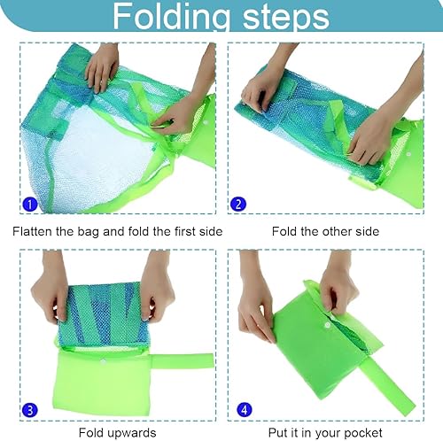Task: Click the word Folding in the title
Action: pos(171,17)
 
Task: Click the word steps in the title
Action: pos(285,16)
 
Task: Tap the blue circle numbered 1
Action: pos(30,204)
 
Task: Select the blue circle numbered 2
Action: pos(238,204)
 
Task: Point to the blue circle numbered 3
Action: pos(30,410)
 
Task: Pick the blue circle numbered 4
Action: pos(245,410)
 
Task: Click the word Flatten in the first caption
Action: pos(32,231)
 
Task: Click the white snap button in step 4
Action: pos(328,325)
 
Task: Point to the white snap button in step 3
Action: pos(104,360)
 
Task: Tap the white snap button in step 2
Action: pos(408,154)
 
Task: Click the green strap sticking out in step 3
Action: pos(183,361)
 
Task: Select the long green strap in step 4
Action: pos(391,383)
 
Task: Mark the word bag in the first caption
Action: pos(88,232)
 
